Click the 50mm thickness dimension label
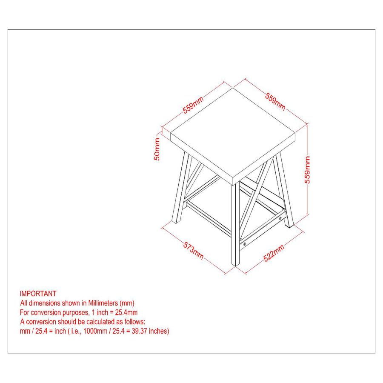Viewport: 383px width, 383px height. pos(157,149)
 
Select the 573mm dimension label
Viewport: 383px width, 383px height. pos(193,251)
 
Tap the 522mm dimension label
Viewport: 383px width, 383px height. pos(274,253)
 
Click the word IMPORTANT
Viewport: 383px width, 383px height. pos(38,293)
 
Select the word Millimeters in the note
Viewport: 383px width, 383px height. pos(103,303)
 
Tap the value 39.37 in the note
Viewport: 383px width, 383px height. pos(140,331)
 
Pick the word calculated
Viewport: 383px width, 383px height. pos(100,322)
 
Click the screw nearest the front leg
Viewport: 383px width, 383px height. pos(245,244)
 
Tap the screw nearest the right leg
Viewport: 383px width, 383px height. pos(280,218)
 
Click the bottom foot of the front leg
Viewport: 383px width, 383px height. pos(235,264)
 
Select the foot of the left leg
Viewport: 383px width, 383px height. pos(176,221)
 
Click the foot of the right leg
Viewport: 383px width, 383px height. pos(290,225)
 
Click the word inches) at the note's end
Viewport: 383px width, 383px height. pos(159,331)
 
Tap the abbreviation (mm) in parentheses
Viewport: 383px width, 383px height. pos(127,303)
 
